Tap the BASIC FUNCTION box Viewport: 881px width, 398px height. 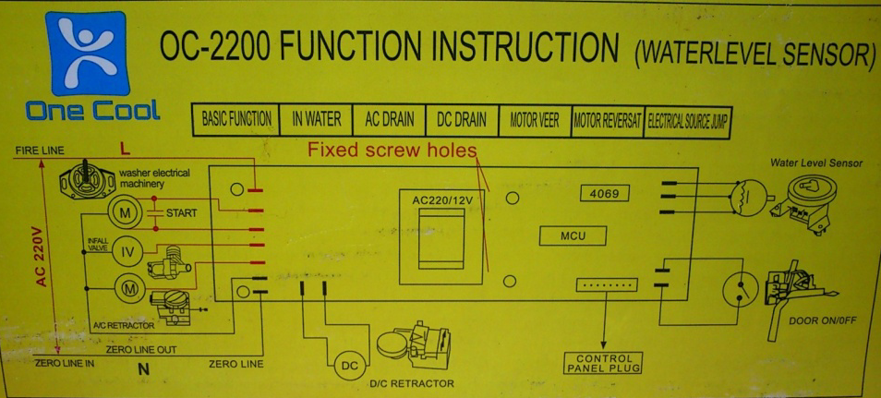coord(236,120)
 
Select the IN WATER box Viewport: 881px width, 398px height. coord(317,120)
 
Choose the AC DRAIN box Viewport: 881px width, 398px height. coord(389,120)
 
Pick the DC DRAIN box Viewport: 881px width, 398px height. coord(462,120)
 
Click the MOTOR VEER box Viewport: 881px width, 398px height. coord(535,120)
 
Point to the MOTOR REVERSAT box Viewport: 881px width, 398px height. coord(607,120)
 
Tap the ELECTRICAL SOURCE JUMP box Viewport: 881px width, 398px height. coord(686,121)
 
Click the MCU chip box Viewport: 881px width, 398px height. coord(573,236)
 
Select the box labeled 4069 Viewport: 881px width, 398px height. coord(605,194)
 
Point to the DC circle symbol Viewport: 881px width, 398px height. coord(350,367)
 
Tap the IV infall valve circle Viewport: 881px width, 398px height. coord(129,251)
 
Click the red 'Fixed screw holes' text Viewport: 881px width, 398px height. coord(392,150)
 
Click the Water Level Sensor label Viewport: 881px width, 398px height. coord(816,163)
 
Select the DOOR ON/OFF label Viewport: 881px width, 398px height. coord(822,321)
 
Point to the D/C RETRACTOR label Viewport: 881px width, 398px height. coord(412,383)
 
